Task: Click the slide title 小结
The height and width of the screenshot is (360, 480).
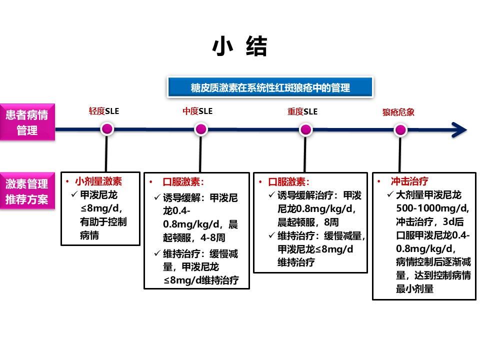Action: tap(239, 46)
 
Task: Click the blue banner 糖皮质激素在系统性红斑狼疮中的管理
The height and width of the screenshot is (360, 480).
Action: tap(270, 87)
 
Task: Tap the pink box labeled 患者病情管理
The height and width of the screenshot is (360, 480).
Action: tap(27, 122)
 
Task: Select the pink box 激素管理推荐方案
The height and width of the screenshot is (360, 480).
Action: tap(27, 191)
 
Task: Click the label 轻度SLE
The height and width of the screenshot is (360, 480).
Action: tap(104, 111)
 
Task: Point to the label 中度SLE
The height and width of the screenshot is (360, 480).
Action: tap(197, 111)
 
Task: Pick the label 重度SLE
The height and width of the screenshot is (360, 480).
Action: tap(302, 111)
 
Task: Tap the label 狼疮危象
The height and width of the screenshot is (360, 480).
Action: tap(398, 112)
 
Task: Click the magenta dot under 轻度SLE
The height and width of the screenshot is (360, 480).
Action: tap(107, 129)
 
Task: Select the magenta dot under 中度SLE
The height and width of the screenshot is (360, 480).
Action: tap(201, 129)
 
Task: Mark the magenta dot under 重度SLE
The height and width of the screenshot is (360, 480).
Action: tap(305, 130)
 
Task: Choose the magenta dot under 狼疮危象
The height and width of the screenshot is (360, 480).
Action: tap(400, 130)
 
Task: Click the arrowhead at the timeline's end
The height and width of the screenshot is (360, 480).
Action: tap(459, 130)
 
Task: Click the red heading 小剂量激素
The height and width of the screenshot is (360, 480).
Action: tap(98, 181)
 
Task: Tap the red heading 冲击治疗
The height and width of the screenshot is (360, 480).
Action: tap(409, 181)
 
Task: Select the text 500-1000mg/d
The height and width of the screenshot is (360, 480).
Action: tap(432, 208)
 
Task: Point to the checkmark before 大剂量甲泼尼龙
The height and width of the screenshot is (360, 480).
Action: tap(390, 194)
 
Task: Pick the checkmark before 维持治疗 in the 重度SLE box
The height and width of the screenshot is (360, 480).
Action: tap(272, 235)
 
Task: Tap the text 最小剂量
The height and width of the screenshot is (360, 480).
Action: tap(415, 288)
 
